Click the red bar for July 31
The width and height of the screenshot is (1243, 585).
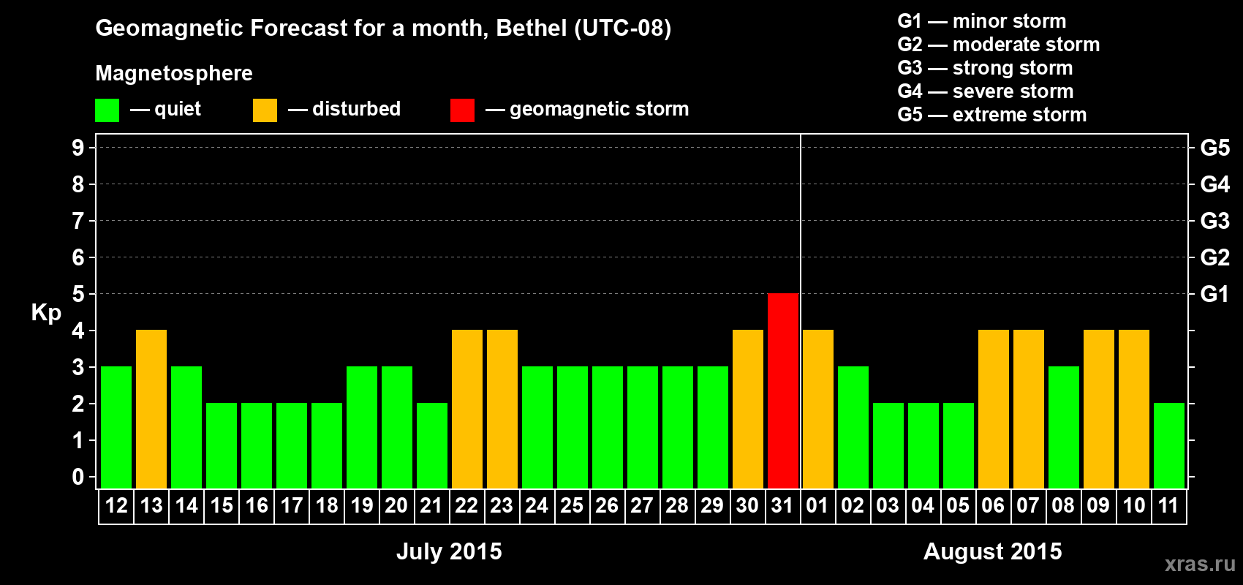point(783,390)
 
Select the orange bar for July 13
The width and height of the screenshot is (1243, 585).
point(151,409)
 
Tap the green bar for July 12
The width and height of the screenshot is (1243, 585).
point(116,427)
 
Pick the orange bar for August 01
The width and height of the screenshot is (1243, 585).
point(818,409)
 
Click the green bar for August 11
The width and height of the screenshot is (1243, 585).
point(1169,445)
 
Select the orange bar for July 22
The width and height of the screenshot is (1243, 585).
point(467,409)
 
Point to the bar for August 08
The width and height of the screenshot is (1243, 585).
point(1064,427)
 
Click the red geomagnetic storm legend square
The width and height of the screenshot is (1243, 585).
point(462,110)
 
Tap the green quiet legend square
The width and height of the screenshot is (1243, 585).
point(107,110)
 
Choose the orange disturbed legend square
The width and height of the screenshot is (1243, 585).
point(265,110)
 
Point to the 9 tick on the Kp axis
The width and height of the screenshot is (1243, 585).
point(78,148)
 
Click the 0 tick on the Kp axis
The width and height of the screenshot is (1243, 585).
point(78,478)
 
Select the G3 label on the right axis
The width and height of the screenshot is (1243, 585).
point(1214,221)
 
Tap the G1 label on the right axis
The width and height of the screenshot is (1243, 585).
point(1214,294)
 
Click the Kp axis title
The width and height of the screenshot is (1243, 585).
point(46,313)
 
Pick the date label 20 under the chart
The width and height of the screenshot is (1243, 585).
point(396,505)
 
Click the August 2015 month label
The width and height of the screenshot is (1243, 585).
point(992,551)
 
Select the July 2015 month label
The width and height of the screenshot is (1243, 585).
point(449,551)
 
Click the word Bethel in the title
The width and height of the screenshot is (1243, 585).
point(532,28)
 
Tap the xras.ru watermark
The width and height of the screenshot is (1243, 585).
point(1200,563)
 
